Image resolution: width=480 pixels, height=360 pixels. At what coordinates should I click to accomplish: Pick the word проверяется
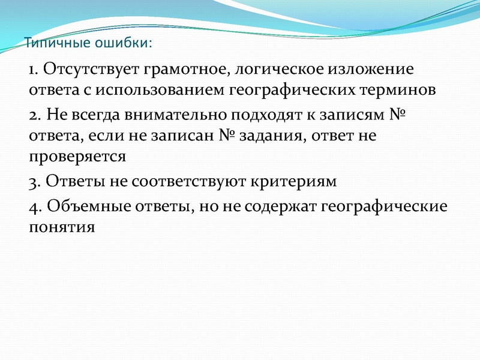77,158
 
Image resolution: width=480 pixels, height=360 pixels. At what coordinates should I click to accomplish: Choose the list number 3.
33,181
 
